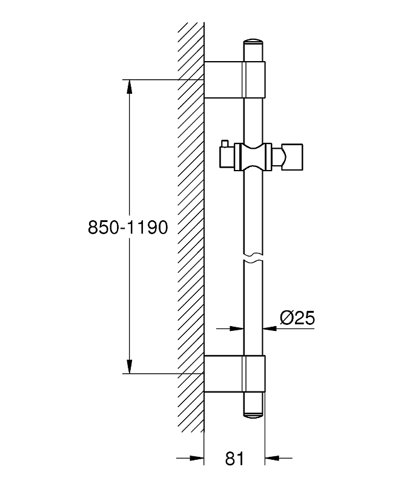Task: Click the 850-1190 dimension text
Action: click(x=128, y=227)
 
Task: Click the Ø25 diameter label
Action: click(x=297, y=318)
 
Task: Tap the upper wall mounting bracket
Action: click(x=234, y=80)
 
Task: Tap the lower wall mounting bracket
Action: click(x=234, y=374)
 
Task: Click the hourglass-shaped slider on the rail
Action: click(x=253, y=157)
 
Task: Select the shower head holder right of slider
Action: click(x=288, y=157)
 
